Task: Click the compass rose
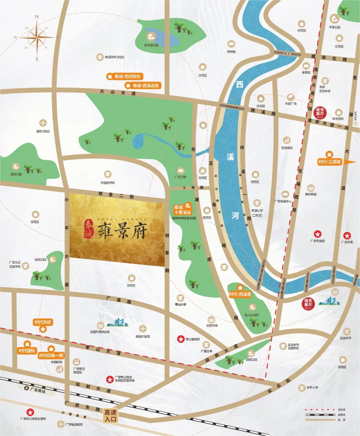click(37, 37)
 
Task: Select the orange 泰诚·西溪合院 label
click(143, 86)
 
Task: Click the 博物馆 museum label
click(231, 52)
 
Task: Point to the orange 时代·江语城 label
click(329, 162)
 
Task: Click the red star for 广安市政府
click(318, 234)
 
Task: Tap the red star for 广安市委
click(347, 235)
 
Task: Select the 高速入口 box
click(110, 415)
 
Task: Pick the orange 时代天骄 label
click(43, 322)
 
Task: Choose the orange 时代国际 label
click(27, 351)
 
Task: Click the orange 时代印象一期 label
click(51, 355)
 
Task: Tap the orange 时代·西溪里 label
click(240, 294)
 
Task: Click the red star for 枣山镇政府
click(181, 339)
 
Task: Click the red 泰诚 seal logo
click(88, 228)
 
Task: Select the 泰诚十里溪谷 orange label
click(183, 210)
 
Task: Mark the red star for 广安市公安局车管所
click(30, 412)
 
